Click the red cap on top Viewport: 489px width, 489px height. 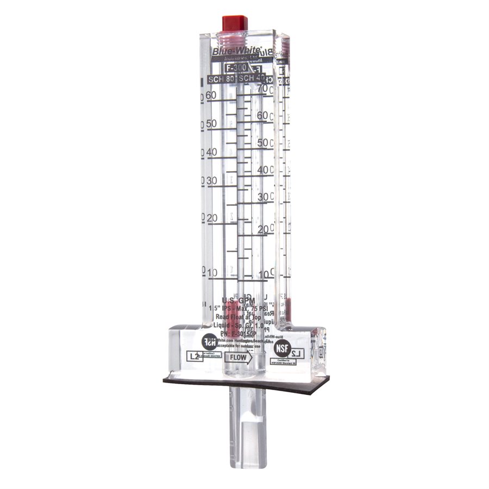click(235, 23)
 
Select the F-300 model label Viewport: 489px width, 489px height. click(236, 68)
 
